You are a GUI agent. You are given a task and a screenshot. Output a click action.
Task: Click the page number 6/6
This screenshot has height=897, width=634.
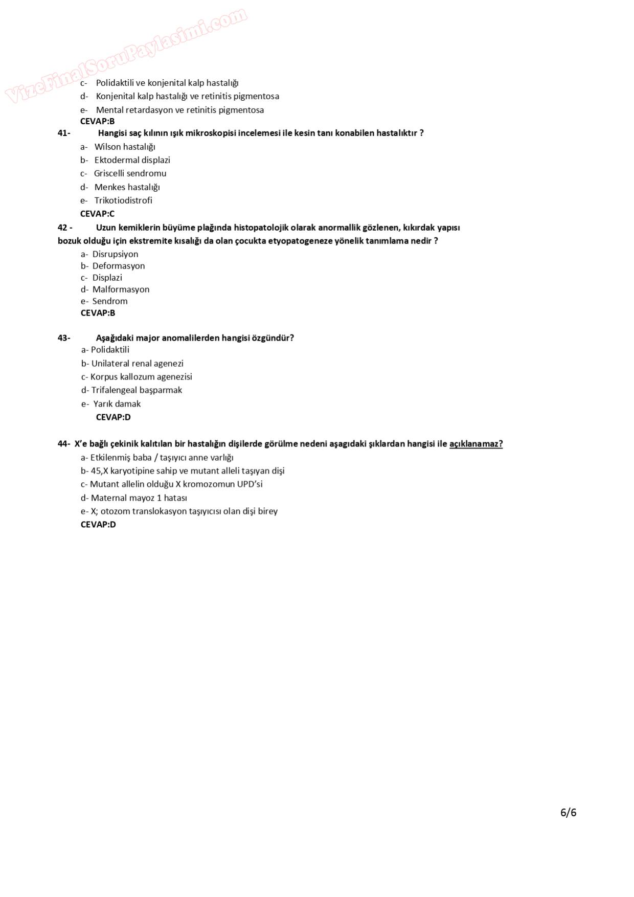pos(568,812)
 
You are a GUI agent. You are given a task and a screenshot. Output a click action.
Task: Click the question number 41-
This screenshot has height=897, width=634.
pos(64,133)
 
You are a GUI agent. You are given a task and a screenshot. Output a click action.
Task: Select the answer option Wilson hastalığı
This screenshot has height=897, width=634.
pos(125,147)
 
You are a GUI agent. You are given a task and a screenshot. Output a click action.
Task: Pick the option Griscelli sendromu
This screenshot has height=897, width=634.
pos(130,173)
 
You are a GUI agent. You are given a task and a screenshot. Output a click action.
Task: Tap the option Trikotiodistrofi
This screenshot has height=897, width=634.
pos(123,200)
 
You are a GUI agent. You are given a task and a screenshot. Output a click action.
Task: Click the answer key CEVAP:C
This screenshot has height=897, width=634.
pos(97,214)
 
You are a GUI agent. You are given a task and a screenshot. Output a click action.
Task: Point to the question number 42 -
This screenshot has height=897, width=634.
pos(65,227)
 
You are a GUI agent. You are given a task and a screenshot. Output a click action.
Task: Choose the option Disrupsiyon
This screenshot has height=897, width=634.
pos(115,254)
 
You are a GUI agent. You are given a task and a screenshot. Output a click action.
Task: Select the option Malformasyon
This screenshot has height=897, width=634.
pos(121,289)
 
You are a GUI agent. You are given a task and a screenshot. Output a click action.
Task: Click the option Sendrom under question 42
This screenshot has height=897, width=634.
pos(109,301)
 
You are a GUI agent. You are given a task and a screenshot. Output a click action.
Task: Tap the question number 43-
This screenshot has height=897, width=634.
pos(64,338)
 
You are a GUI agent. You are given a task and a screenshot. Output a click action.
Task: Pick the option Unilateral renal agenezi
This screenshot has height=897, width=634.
pos(137,364)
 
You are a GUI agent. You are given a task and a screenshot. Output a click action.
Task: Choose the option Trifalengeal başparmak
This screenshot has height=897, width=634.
pos(137,390)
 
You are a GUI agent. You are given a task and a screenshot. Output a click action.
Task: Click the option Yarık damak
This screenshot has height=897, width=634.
pos(117,403)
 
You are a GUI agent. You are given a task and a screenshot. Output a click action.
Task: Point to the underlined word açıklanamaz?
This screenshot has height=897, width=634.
pos(475,444)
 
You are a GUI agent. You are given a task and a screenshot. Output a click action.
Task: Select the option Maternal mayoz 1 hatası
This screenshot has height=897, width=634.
pos(139,498)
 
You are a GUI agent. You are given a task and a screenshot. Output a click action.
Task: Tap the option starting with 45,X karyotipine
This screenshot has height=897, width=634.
pos(187,470)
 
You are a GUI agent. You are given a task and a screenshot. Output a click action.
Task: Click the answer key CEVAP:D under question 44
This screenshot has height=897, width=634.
pos(98,524)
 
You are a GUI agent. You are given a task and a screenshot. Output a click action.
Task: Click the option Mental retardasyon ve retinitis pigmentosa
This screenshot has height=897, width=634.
pos(179,110)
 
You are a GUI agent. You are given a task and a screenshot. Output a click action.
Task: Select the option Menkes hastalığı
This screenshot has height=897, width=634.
pos(127,187)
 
